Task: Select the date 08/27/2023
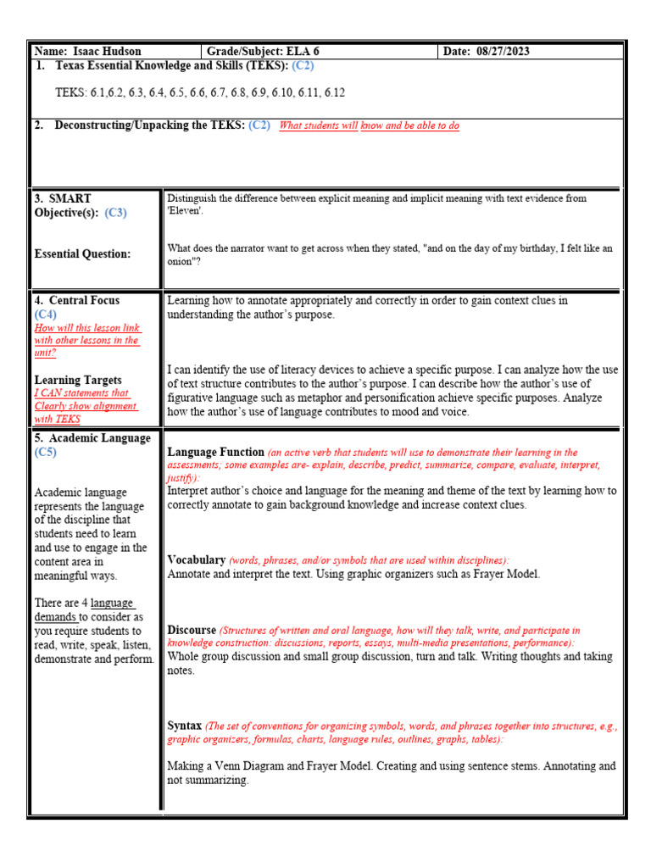(499, 51)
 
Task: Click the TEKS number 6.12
(334, 92)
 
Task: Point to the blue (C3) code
(115, 213)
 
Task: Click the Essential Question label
(82, 253)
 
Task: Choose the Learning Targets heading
(77, 380)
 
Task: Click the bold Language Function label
(215, 452)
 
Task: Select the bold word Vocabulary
(196, 559)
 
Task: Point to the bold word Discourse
(192, 630)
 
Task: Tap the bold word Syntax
(184, 726)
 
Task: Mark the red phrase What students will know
(319, 125)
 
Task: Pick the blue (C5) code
(46, 453)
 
